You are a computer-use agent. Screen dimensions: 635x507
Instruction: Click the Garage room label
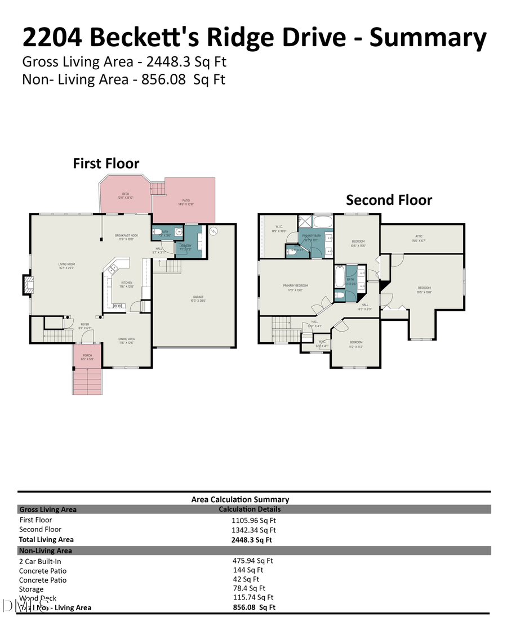click(x=198, y=297)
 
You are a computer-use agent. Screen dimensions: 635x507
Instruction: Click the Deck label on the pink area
click(x=126, y=194)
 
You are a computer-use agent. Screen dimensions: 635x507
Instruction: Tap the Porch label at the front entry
click(x=87, y=355)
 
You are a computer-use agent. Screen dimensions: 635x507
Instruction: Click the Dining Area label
click(x=126, y=339)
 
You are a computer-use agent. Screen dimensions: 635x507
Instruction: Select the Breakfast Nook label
click(x=127, y=235)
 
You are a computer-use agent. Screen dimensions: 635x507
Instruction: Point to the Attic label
click(x=419, y=236)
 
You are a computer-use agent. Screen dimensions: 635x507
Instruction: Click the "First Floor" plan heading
click(x=106, y=164)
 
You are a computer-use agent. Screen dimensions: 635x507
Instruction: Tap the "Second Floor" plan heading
click(x=389, y=200)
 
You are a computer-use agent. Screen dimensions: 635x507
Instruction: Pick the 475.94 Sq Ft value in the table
click(x=252, y=561)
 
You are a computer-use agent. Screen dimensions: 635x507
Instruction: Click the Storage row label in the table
click(x=31, y=589)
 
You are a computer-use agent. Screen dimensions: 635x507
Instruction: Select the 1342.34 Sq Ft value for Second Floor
click(x=253, y=530)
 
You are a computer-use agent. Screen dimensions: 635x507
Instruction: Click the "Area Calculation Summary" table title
click(x=240, y=499)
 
